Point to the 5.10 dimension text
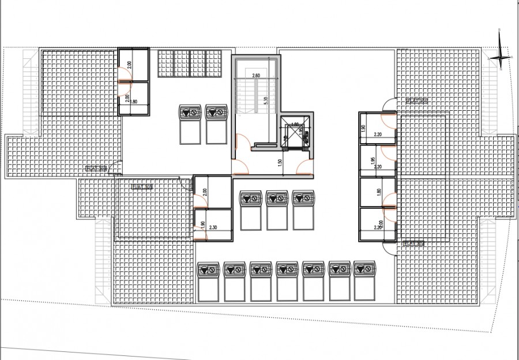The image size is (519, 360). [x=264, y=101]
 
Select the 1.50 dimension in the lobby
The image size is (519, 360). [x=280, y=163]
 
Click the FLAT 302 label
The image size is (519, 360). [x=414, y=244]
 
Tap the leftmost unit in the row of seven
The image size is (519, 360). [x=208, y=282]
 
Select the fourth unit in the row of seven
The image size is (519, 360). [x=286, y=282]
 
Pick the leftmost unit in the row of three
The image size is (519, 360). [x=250, y=209]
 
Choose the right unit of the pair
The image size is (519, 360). [x=216, y=124]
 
